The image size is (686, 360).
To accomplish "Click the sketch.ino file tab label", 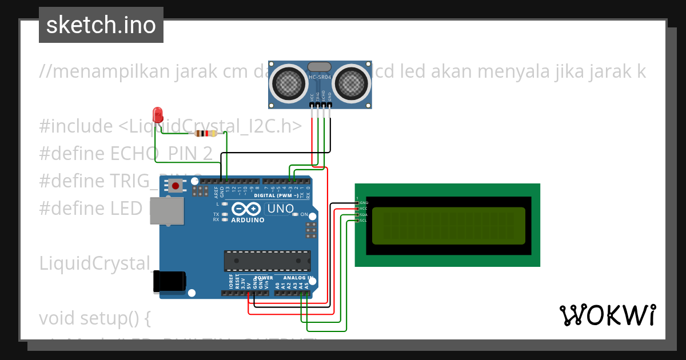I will [x=101, y=25].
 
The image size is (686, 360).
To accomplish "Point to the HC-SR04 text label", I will [x=320, y=78].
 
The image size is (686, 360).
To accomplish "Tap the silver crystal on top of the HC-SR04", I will [x=320, y=67].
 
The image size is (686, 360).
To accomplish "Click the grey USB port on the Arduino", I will [x=166, y=210].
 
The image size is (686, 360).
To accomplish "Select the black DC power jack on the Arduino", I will [x=169, y=282].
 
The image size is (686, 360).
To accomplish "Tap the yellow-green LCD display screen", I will [x=448, y=225].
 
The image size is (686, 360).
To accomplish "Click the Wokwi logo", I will [x=607, y=315].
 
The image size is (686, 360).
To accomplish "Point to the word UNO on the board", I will [x=280, y=209].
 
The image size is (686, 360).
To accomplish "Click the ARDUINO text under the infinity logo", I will [x=248, y=220].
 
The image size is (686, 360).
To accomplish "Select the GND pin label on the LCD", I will [x=364, y=203].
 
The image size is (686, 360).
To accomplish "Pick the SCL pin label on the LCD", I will [x=364, y=221].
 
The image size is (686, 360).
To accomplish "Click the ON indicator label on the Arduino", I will [x=304, y=215].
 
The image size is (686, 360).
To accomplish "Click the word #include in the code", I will [x=76, y=126].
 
